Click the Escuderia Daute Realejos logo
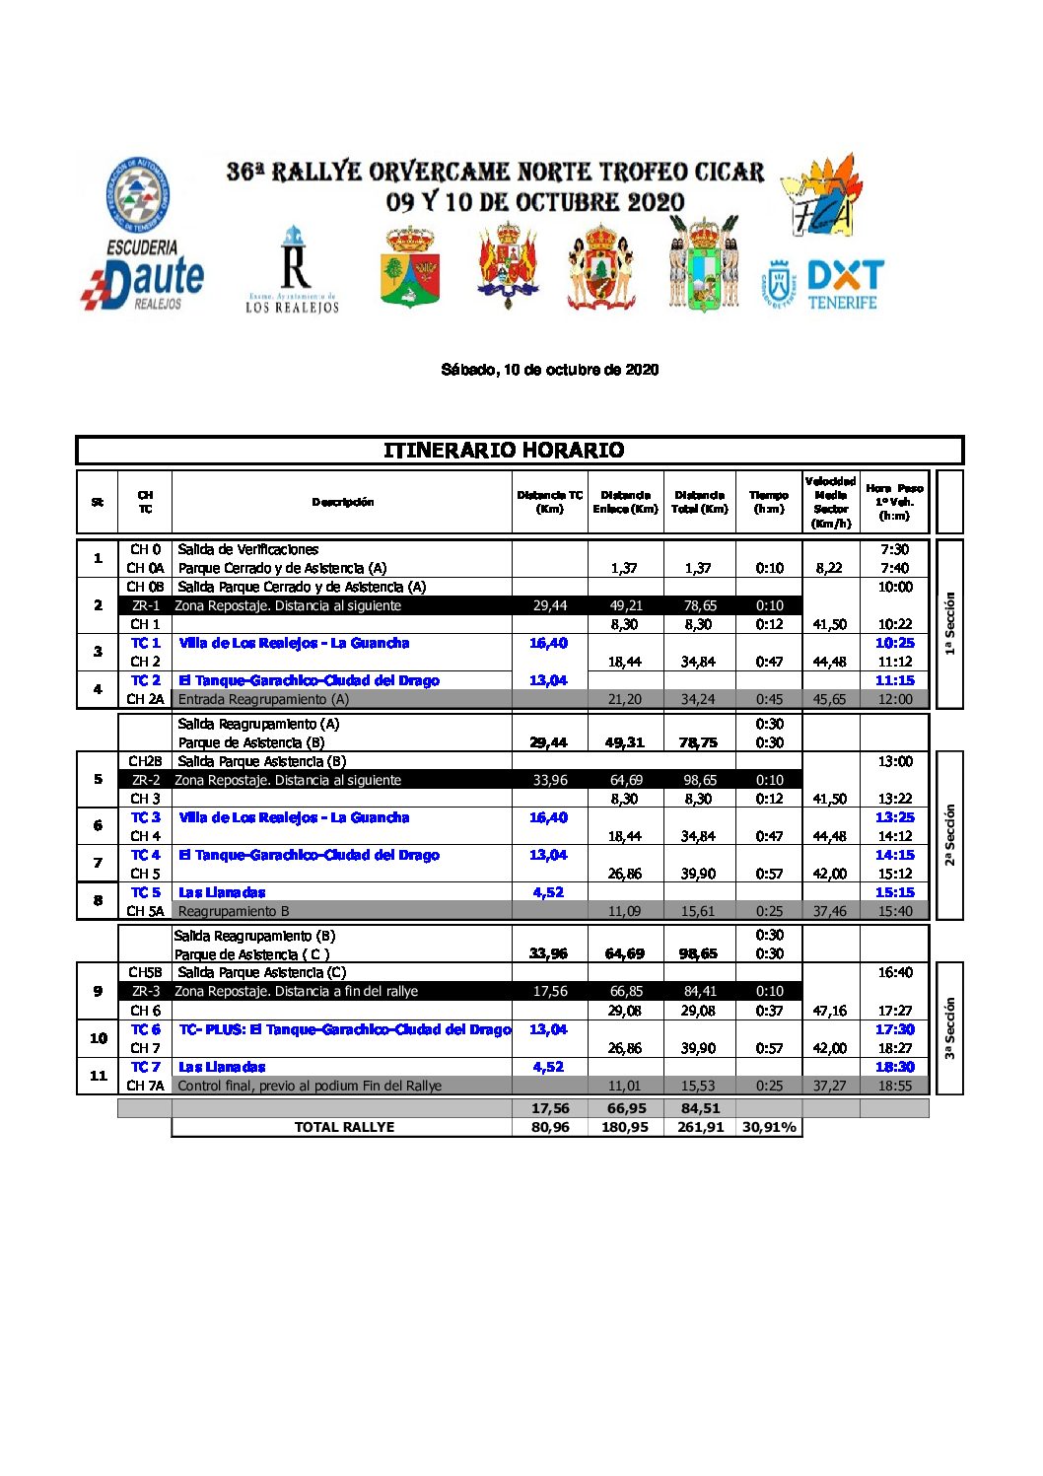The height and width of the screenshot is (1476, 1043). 142,235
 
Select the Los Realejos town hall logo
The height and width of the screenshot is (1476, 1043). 293,270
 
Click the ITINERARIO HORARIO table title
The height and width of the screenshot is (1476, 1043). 504,451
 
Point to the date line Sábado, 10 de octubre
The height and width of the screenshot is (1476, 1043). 549,370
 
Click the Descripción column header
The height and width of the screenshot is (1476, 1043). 342,502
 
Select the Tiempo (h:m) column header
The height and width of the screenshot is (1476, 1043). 769,502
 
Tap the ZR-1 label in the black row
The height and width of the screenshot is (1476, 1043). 146,605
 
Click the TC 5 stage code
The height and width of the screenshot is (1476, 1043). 146,892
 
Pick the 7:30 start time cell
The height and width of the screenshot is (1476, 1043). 894,549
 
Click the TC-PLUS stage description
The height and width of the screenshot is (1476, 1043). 344,1029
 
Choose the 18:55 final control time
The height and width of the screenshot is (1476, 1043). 894,1086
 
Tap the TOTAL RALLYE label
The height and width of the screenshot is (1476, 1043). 344,1127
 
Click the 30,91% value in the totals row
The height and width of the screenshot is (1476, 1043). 769,1127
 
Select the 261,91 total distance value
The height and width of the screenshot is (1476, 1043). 700,1127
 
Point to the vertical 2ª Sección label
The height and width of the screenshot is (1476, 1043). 949,835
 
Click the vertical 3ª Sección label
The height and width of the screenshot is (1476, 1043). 949,1027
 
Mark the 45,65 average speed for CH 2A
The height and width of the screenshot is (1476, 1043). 830,699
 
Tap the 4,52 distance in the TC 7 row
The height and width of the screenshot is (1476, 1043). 548,1067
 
